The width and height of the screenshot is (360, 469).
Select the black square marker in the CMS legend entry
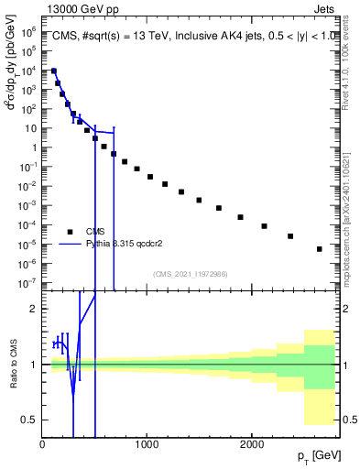pyautogui.click(x=69, y=232)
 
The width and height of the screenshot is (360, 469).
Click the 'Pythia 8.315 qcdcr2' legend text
pyautogui.click(x=126, y=245)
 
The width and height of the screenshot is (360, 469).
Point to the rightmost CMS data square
pyautogui.click(x=319, y=248)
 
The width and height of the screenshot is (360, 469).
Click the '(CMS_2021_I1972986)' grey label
pyautogui.click(x=191, y=274)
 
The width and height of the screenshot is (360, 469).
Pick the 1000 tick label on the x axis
pyautogui.click(x=147, y=444)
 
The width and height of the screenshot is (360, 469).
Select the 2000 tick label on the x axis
pyautogui.click(x=252, y=444)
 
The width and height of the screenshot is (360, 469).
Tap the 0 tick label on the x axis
pyautogui.click(x=42, y=444)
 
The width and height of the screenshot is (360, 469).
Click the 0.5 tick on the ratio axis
pyautogui.click(x=30, y=420)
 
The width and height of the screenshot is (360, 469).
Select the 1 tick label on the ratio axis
pyautogui.click(x=35, y=365)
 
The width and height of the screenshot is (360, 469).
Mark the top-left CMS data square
pyautogui.click(x=54, y=71)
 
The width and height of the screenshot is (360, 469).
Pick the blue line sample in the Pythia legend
pyautogui.click(x=69, y=245)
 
